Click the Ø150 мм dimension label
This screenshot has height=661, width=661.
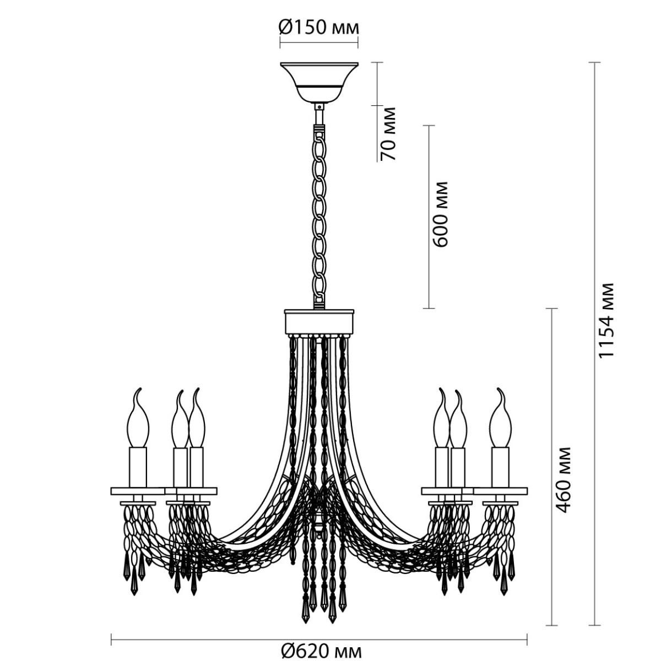(x=319, y=29)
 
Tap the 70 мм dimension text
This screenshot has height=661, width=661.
(x=389, y=134)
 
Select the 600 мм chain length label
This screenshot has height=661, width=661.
(x=440, y=214)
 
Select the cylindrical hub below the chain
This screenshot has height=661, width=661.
(x=319, y=322)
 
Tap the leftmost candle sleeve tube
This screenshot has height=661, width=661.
(x=138, y=467)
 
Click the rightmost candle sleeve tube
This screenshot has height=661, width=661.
(x=500, y=467)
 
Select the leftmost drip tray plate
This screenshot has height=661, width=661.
(x=137, y=491)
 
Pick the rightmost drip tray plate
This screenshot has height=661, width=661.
(x=501, y=491)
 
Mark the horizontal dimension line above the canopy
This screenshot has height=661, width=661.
(x=319, y=42)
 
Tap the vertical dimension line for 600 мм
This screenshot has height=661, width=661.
(x=429, y=217)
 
